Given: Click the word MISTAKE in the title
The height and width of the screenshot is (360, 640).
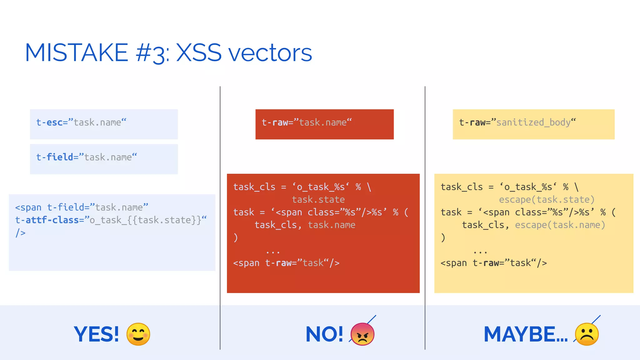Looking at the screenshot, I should pos(77,52).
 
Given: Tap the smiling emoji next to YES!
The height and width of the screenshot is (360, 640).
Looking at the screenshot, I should pos(138,334).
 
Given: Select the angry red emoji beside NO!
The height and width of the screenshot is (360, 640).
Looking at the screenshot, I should pos(362,334).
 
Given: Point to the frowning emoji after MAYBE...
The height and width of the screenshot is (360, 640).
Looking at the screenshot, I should pos(587,334).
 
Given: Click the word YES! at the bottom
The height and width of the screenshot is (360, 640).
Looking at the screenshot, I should pos(96,334).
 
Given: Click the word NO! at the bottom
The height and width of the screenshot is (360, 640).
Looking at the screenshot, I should pos(324,334).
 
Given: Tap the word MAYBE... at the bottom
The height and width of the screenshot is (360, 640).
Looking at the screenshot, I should pos(526,334).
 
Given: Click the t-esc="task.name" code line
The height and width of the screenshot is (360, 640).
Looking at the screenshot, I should pos(81,122).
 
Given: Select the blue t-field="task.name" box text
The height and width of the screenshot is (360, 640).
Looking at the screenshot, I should pos(87,157).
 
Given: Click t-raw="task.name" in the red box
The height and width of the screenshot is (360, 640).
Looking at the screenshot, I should pos(307,122).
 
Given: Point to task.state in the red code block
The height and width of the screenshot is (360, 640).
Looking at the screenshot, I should pos(318,199).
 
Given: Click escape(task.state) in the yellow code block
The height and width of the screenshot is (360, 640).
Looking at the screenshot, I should pos(547,199).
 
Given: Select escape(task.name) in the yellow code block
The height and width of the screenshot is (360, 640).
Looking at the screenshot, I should pos(560,225).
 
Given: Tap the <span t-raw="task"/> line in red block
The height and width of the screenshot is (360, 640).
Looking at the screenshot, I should pos(286,263).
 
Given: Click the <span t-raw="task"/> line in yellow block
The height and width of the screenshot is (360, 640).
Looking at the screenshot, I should pos(494,263).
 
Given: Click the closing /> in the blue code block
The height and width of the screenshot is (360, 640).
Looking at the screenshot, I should pos(21,233).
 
